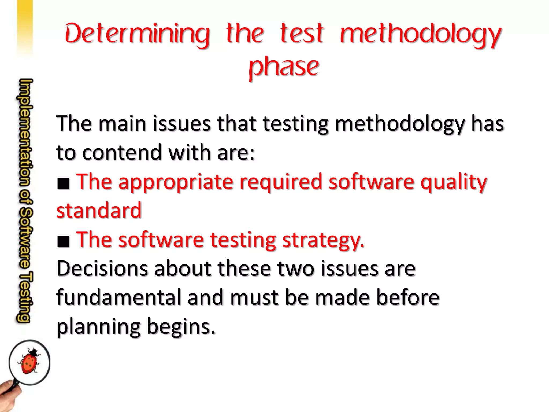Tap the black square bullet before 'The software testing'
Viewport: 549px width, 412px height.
tap(63, 241)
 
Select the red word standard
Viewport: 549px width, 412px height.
tap(99, 210)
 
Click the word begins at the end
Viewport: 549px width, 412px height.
tap(181, 327)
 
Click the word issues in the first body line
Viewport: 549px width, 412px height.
tap(182, 123)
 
